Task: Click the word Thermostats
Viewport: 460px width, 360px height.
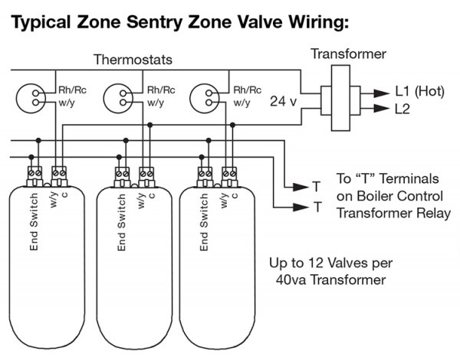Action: [x=132, y=59]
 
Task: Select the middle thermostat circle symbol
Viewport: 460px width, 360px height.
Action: [x=119, y=96]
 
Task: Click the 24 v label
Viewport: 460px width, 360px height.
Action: [x=283, y=100]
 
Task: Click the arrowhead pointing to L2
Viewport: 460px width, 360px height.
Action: [x=380, y=110]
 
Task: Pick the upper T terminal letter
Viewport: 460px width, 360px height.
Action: [x=315, y=187]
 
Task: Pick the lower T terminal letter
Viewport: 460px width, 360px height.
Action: [x=315, y=207]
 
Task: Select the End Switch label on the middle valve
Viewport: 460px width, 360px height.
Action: [x=121, y=221]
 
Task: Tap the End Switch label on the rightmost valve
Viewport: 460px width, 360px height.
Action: [x=204, y=221]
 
